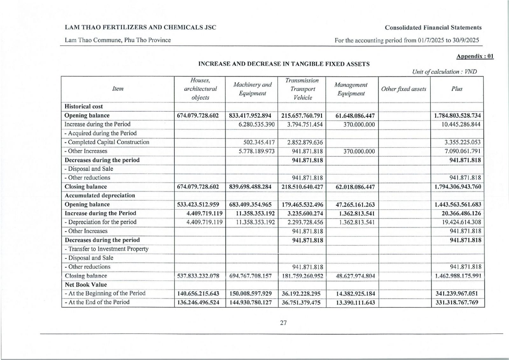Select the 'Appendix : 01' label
point(475,56)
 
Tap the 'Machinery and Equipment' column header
point(252,89)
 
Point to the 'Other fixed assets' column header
point(404,89)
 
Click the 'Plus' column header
point(457,89)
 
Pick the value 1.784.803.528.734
point(457,115)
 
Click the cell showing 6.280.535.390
point(256,124)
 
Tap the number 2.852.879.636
point(305,142)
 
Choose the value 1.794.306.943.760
point(457,187)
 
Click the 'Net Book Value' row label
point(86,285)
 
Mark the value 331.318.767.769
point(457,302)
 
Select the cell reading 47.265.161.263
point(355,204)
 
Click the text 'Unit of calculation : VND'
point(444,72)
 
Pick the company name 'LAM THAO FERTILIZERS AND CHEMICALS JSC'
point(140,27)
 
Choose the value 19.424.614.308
point(462,222)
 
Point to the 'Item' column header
point(118,89)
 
